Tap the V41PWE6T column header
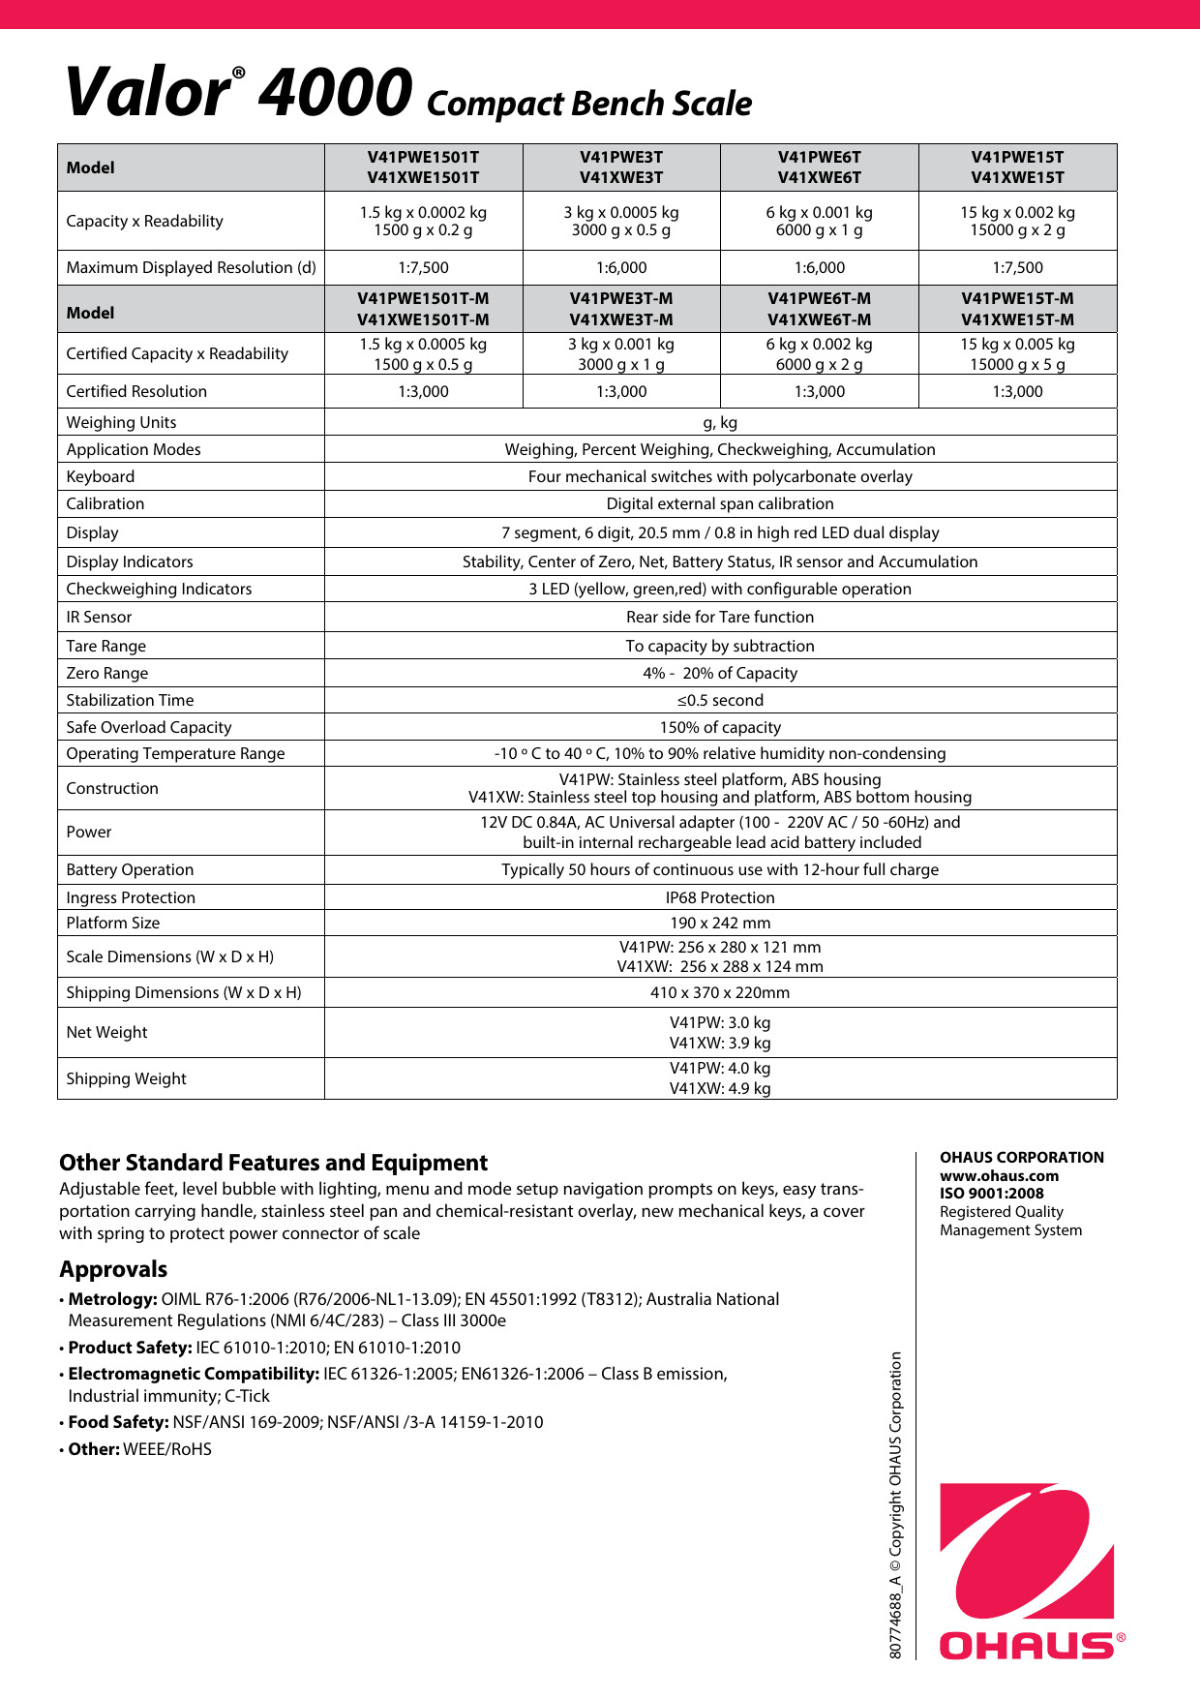819,167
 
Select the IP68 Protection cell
720,897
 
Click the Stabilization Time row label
130,700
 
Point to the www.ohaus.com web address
999,1175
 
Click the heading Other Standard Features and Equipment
273,1162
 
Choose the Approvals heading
113,1268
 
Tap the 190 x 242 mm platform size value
720,923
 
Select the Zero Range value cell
720,673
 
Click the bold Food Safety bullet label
118,1422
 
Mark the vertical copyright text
896,1504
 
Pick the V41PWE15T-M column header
1017,309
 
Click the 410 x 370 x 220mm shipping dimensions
720,992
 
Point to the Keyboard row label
101,476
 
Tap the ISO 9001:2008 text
991,1193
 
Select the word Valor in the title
147,93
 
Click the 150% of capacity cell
720,727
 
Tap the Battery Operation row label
130,869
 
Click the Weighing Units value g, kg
720,422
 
